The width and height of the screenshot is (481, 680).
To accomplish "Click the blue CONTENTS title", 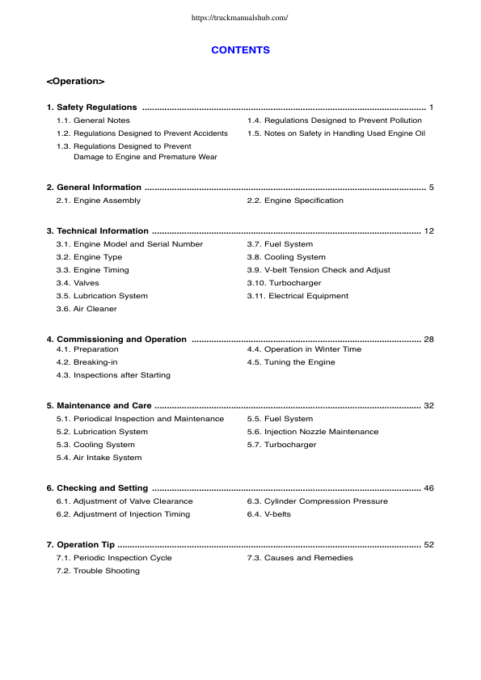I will [240, 50].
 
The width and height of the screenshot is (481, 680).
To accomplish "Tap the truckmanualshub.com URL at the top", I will [240, 17].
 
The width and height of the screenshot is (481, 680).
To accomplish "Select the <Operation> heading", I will [75, 82].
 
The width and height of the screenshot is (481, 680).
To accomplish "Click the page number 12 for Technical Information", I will [428, 231].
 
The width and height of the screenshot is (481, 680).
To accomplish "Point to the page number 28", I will [428, 340].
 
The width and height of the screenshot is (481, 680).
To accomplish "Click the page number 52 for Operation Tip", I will [428, 545].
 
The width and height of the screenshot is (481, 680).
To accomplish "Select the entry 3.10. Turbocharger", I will [284, 283].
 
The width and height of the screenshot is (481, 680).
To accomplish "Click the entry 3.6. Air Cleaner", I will [86, 309].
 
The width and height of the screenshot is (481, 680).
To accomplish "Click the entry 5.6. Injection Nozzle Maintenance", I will [312, 432].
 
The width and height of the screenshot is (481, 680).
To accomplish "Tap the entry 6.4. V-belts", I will [268, 514].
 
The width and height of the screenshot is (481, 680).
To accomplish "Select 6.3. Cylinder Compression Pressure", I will [317, 501].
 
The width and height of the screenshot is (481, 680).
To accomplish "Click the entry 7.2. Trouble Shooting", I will [97, 571].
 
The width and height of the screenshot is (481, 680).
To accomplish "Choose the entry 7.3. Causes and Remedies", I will [299, 558].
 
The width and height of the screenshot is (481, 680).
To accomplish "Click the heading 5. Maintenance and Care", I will [99, 406].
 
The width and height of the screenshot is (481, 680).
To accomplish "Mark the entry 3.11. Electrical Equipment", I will [297, 296].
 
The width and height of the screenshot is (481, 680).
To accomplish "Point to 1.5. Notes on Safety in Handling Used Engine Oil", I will [335, 133].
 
